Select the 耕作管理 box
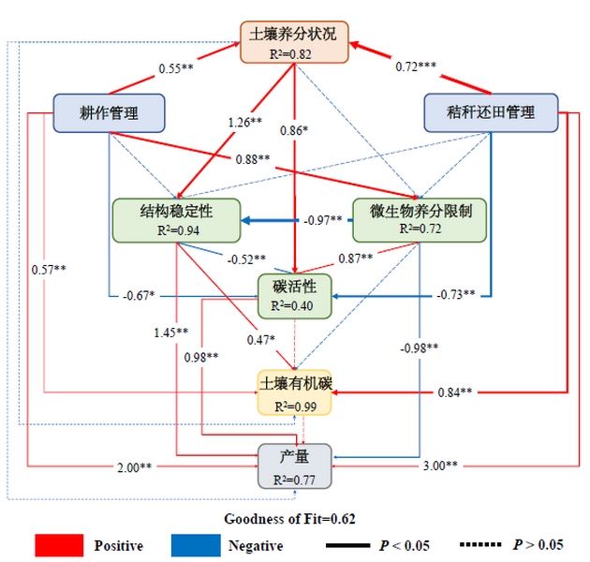point(110,113)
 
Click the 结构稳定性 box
point(176,219)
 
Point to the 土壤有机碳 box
point(295,393)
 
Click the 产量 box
point(295,466)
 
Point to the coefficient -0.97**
point(323,220)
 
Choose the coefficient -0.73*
point(457,295)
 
